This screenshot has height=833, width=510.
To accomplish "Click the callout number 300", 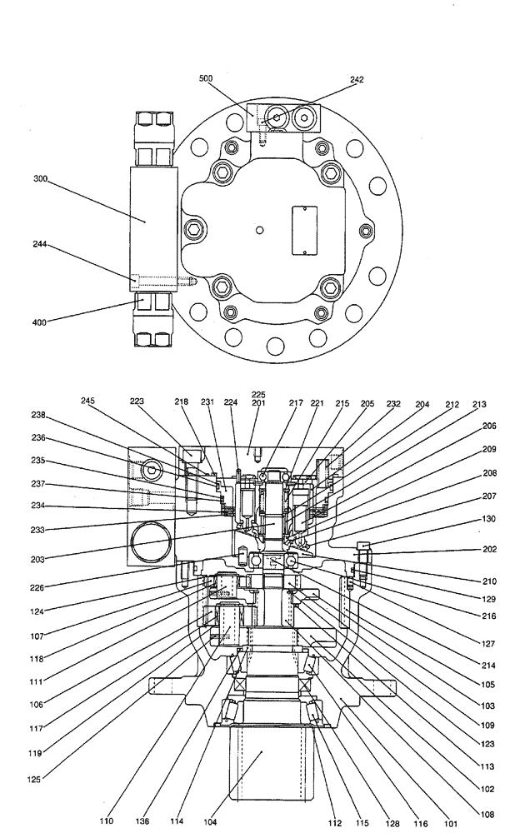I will [40, 178].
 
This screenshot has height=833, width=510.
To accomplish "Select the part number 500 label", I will [205, 78].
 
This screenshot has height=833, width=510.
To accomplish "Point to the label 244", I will [40, 245].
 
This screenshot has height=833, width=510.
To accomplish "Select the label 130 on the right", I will [490, 518].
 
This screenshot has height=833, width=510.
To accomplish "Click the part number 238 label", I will [38, 415].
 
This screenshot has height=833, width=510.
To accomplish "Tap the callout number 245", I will [89, 400].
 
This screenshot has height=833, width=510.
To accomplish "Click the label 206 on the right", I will [490, 426].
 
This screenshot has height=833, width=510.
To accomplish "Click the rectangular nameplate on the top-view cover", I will [301, 231].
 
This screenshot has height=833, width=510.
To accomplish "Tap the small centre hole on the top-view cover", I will [260, 229].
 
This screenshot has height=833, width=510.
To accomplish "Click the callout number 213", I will [477, 405].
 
